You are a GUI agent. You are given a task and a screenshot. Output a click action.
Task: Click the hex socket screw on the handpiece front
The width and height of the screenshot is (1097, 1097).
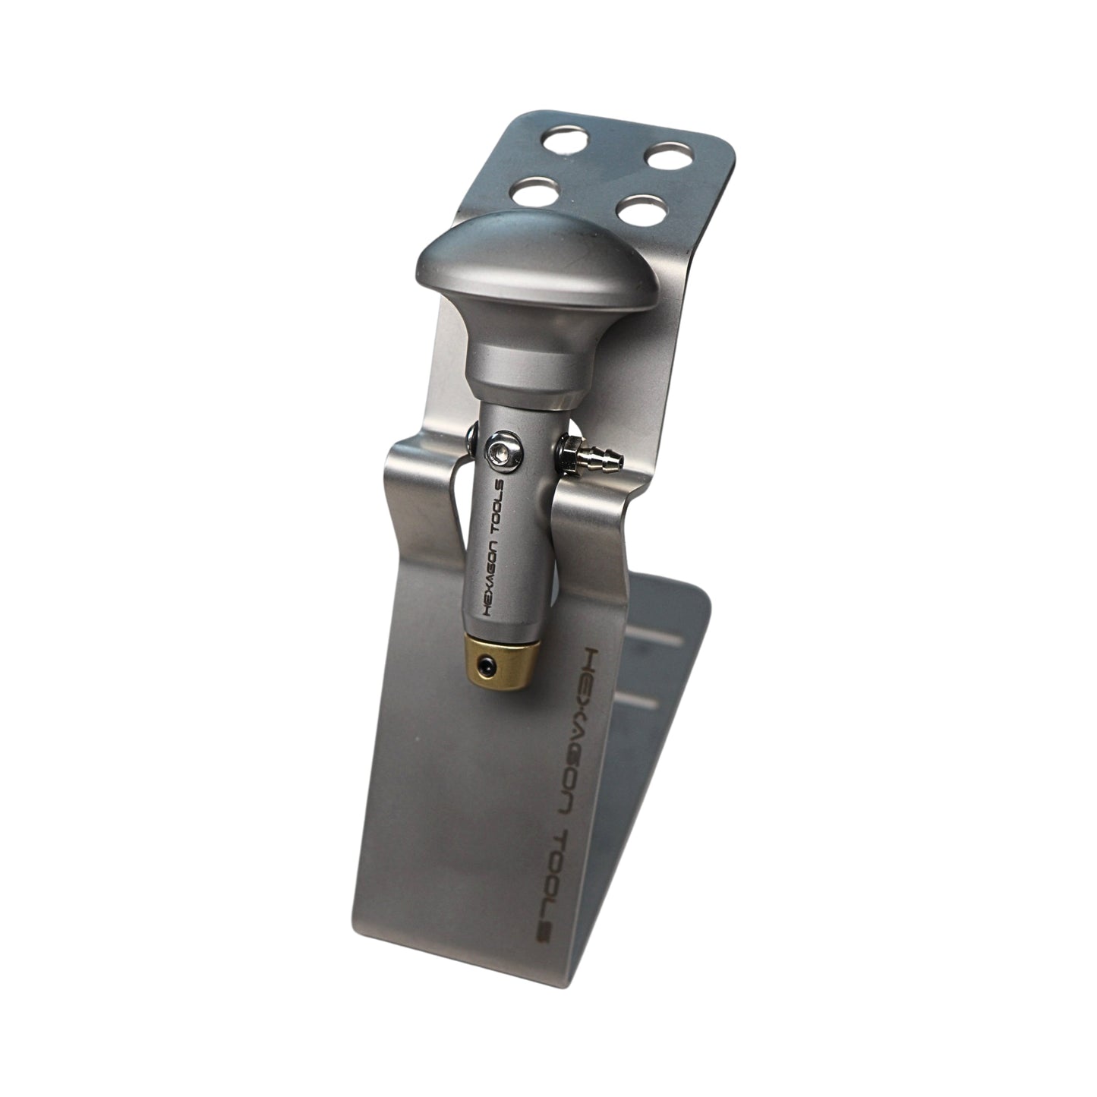tap(504, 454)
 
